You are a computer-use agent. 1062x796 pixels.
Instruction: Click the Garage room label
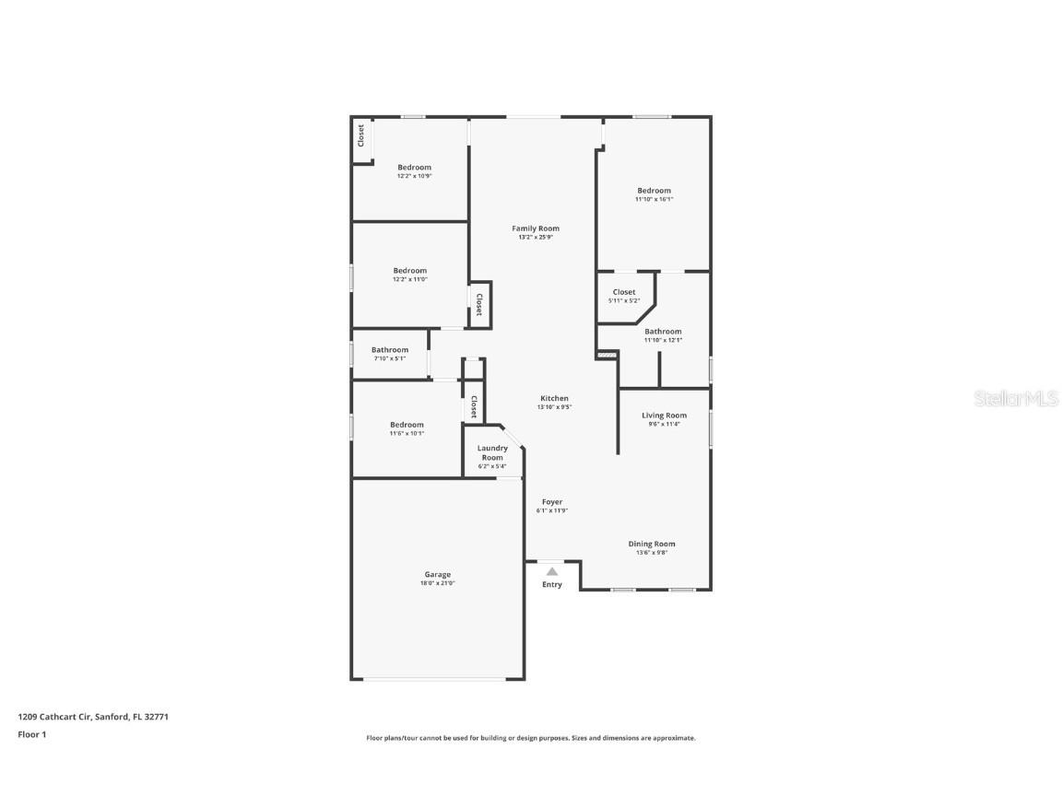pyautogui.click(x=438, y=575)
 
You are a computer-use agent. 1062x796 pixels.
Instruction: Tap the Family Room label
pyautogui.click(x=536, y=228)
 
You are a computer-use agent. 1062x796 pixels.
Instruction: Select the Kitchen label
pyautogui.click(x=554, y=399)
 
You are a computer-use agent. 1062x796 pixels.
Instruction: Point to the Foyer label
pyautogui.click(x=552, y=502)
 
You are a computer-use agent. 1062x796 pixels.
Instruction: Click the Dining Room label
pyautogui.click(x=652, y=544)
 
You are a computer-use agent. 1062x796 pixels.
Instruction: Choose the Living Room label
pyautogui.click(x=665, y=416)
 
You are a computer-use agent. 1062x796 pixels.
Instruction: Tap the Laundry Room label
pyautogui.click(x=492, y=453)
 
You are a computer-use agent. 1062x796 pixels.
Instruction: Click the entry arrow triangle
pyautogui.click(x=552, y=571)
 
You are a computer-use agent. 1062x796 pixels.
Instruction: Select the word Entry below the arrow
pyautogui.click(x=552, y=585)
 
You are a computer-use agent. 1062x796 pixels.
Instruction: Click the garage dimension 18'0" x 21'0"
pyautogui.click(x=438, y=583)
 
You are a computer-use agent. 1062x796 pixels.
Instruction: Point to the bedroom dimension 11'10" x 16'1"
pyautogui.click(x=655, y=200)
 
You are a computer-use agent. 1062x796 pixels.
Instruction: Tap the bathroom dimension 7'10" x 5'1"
pyautogui.click(x=390, y=358)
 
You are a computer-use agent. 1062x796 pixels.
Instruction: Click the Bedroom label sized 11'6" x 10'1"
pyautogui.click(x=407, y=425)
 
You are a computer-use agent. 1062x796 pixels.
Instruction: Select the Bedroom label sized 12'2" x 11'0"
pyautogui.click(x=409, y=271)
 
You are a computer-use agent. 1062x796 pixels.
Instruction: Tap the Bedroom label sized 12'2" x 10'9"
pyautogui.click(x=415, y=168)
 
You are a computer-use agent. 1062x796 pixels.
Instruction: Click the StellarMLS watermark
pyautogui.click(x=1016, y=399)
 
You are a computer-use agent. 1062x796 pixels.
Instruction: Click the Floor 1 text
pyautogui.click(x=32, y=734)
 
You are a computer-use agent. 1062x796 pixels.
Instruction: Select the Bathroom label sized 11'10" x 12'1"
pyautogui.click(x=663, y=332)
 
